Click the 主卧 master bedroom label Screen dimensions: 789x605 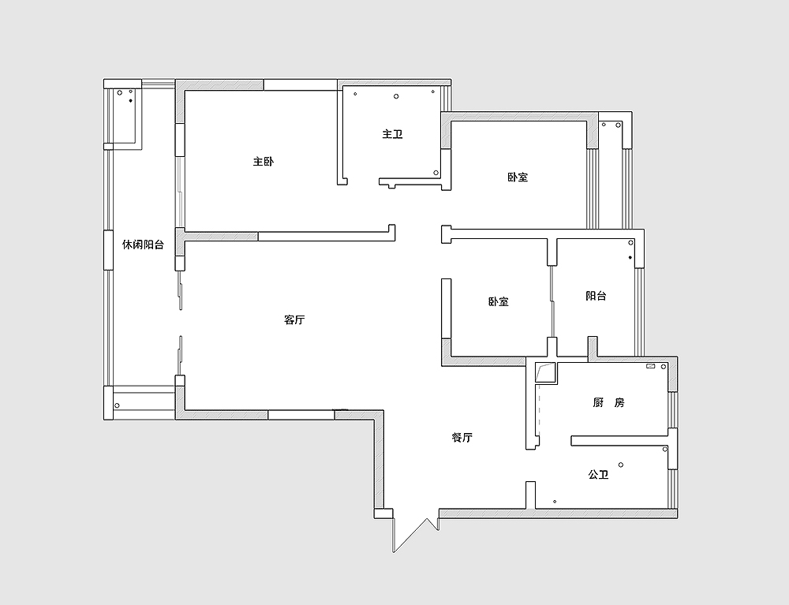click(264, 162)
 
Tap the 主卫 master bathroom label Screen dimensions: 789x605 click(392, 134)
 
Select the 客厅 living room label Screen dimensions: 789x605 click(294, 319)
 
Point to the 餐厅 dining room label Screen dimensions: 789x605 click(462, 438)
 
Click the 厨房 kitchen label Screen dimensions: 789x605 click(608, 403)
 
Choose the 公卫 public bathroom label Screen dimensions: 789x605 click(598, 474)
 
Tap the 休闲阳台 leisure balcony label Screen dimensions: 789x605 click(144, 245)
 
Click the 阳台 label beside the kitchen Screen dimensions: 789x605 click(596, 296)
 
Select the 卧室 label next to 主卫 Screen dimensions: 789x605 click(518, 177)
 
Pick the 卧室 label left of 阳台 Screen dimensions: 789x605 click(498, 302)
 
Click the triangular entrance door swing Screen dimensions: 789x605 click(415, 534)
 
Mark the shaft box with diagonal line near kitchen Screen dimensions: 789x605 click(545, 373)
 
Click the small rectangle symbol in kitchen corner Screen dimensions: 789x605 click(650, 366)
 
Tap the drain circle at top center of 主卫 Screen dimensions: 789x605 click(396, 96)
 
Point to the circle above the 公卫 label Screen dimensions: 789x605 click(621, 465)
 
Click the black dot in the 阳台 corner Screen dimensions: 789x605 click(630, 258)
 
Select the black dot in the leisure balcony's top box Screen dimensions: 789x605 click(131, 101)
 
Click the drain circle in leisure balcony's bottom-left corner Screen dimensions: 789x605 click(117, 405)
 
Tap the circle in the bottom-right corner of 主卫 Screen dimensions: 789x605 click(436, 173)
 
